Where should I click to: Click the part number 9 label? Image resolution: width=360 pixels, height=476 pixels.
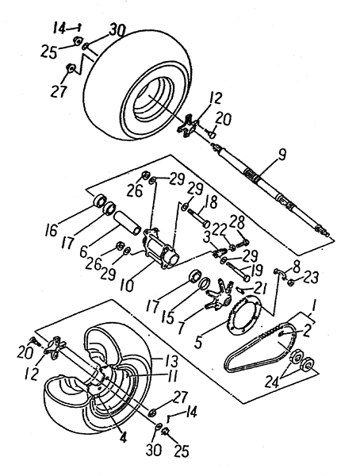tap(281, 155)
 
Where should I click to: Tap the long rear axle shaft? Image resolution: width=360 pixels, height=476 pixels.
tap(272, 190)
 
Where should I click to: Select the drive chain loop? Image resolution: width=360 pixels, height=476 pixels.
tap(262, 347)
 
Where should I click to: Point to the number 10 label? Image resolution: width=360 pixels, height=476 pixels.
tap(128, 286)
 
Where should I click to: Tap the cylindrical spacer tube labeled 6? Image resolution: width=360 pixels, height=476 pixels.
tap(128, 222)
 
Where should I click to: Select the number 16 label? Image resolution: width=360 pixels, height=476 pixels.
tap(52, 230)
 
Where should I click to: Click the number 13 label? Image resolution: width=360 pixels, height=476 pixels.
tap(170, 362)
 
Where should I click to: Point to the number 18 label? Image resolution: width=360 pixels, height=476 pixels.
tap(211, 202)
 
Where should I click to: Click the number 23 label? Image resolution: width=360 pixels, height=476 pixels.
tap(310, 277)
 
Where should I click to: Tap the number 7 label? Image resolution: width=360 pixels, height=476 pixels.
tap(182, 328)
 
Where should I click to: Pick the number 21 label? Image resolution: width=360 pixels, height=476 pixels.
tap(259, 290)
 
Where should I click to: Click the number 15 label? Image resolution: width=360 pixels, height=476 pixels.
tap(168, 317)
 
